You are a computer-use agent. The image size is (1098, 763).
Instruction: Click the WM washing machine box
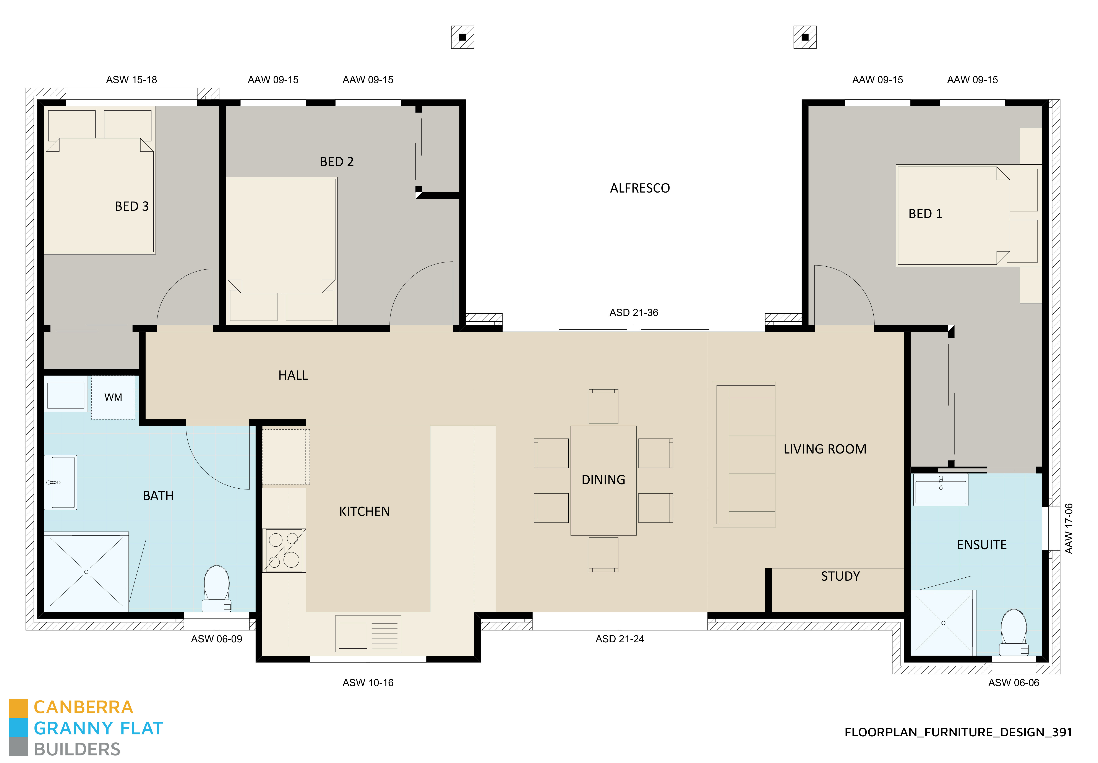113,397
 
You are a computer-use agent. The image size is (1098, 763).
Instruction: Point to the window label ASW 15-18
131,80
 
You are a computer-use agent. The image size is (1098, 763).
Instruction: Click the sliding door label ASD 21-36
633,313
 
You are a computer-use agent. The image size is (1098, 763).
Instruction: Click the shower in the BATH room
86,572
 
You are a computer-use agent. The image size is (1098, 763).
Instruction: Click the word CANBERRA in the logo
83,707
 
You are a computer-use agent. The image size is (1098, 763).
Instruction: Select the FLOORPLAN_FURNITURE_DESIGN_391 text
958,732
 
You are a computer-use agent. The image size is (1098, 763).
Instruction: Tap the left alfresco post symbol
462,37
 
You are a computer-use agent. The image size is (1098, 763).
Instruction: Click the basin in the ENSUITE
940,490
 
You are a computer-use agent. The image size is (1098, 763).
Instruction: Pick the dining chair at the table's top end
603,406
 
